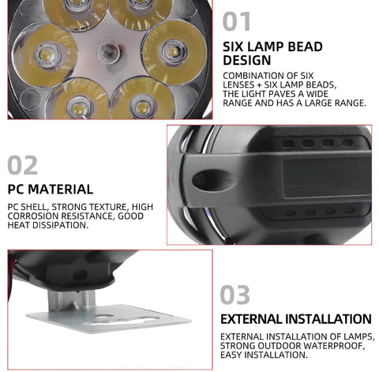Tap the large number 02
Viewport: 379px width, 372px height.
(24, 164)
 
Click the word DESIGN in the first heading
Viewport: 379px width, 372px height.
(249, 59)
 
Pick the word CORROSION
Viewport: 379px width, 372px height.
(36, 215)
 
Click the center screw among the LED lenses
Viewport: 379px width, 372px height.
(107, 53)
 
